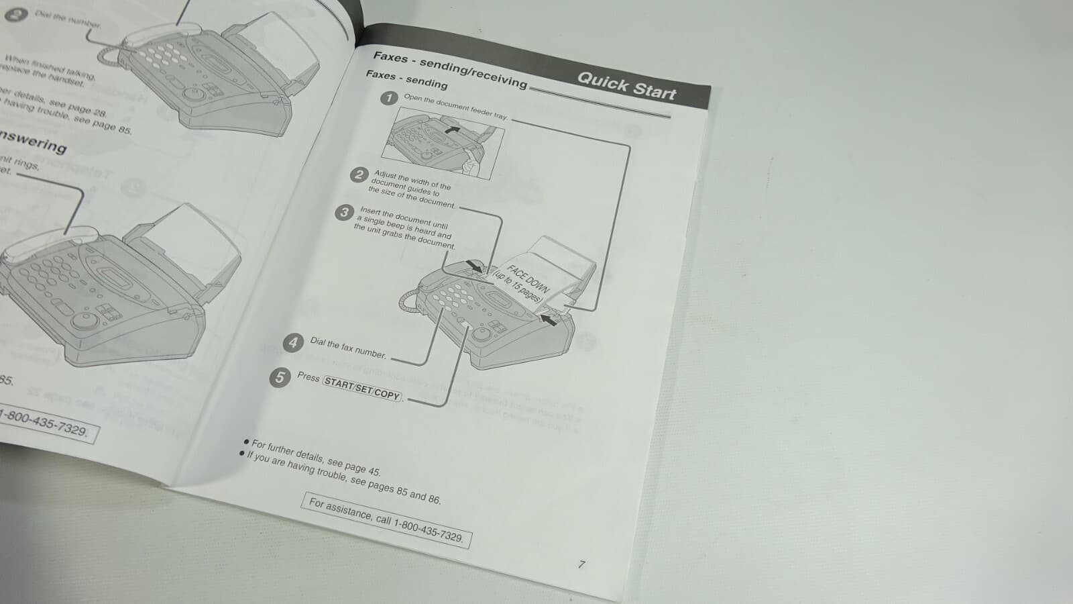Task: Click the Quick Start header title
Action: point(626,86)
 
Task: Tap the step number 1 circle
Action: point(389,98)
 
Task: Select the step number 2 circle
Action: point(359,175)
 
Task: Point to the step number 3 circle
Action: point(344,213)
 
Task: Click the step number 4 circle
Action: point(292,343)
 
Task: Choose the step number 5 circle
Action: point(280,377)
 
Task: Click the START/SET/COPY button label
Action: point(362,389)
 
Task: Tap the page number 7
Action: point(581,564)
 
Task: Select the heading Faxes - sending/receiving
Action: point(450,69)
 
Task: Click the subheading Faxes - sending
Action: point(406,79)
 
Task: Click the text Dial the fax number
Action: point(348,348)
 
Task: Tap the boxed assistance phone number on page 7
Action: point(386,520)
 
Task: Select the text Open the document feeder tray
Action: point(455,107)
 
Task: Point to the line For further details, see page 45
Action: point(316,457)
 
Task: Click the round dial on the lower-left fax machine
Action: point(84,320)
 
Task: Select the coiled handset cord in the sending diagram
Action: point(408,301)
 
